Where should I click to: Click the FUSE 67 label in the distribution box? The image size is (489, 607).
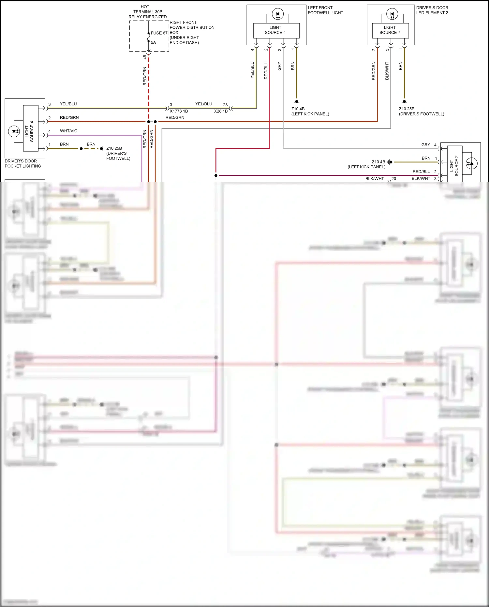point(159,33)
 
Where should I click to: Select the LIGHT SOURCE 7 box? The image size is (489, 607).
point(390,30)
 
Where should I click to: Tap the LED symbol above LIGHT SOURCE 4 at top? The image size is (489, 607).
point(278,14)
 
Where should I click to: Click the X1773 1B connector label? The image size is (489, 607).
point(179,111)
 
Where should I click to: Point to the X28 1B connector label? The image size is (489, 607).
point(221,111)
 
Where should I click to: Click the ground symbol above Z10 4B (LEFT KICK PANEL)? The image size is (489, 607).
point(297,102)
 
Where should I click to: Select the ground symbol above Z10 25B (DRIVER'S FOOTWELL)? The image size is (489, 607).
point(404,102)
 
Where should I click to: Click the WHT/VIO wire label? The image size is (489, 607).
point(68,131)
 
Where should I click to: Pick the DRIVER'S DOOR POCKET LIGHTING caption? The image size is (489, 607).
point(23,163)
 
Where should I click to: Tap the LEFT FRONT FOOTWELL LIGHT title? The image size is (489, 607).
point(325,10)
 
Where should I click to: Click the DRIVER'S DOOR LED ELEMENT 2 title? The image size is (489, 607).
point(432,10)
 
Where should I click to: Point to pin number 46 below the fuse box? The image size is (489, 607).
point(145,57)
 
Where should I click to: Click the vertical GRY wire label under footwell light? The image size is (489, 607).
point(279,66)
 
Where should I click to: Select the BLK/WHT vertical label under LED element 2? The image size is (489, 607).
point(387,71)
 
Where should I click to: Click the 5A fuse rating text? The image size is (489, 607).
point(153,42)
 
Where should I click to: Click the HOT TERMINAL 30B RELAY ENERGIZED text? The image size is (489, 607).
point(147,12)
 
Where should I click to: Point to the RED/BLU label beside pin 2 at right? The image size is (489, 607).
point(421,172)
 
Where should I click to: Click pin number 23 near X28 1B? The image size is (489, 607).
point(225,105)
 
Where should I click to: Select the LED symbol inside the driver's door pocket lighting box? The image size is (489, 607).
point(14,131)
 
